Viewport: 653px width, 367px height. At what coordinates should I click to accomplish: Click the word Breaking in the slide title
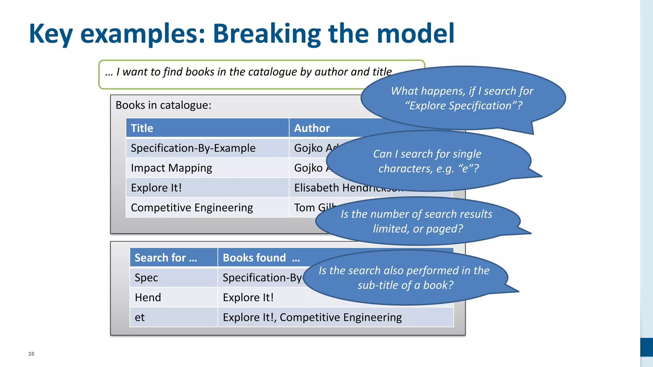267,34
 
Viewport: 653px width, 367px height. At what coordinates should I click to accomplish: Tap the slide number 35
31,354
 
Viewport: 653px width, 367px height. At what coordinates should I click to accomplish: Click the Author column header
312,128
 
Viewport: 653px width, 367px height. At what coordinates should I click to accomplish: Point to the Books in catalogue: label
164,105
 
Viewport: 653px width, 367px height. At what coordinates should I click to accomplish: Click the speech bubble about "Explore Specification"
462,98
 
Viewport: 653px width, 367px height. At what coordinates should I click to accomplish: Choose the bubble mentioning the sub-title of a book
405,277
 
